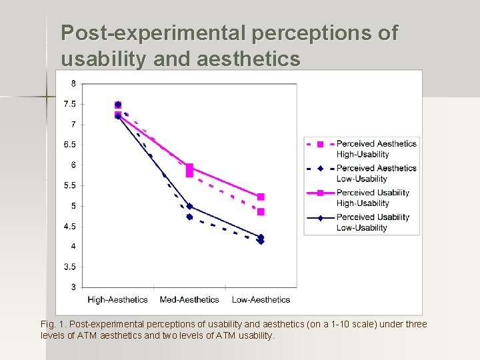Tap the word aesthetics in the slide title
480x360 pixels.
[249, 59]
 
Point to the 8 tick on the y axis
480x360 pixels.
[73, 83]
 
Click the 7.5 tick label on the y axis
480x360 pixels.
[69, 104]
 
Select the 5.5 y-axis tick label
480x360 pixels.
[69, 185]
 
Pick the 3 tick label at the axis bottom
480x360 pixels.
[73, 287]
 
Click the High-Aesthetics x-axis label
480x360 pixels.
[117, 300]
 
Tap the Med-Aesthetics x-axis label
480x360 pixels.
[189, 300]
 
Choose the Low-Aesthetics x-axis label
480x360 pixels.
[261, 300]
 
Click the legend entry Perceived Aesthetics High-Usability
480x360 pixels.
[376, 149]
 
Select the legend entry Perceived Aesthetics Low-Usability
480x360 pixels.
[376, 173]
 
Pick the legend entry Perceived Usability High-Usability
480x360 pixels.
[373, 198]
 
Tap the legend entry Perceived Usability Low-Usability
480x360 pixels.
[373, 222]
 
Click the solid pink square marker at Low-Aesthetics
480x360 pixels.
[261, 197]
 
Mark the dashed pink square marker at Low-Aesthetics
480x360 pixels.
[261, 212]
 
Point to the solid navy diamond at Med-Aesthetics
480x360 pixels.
[189, 206]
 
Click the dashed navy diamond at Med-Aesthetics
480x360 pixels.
[189, 217]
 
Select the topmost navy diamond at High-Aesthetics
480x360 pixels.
[118, 105]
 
